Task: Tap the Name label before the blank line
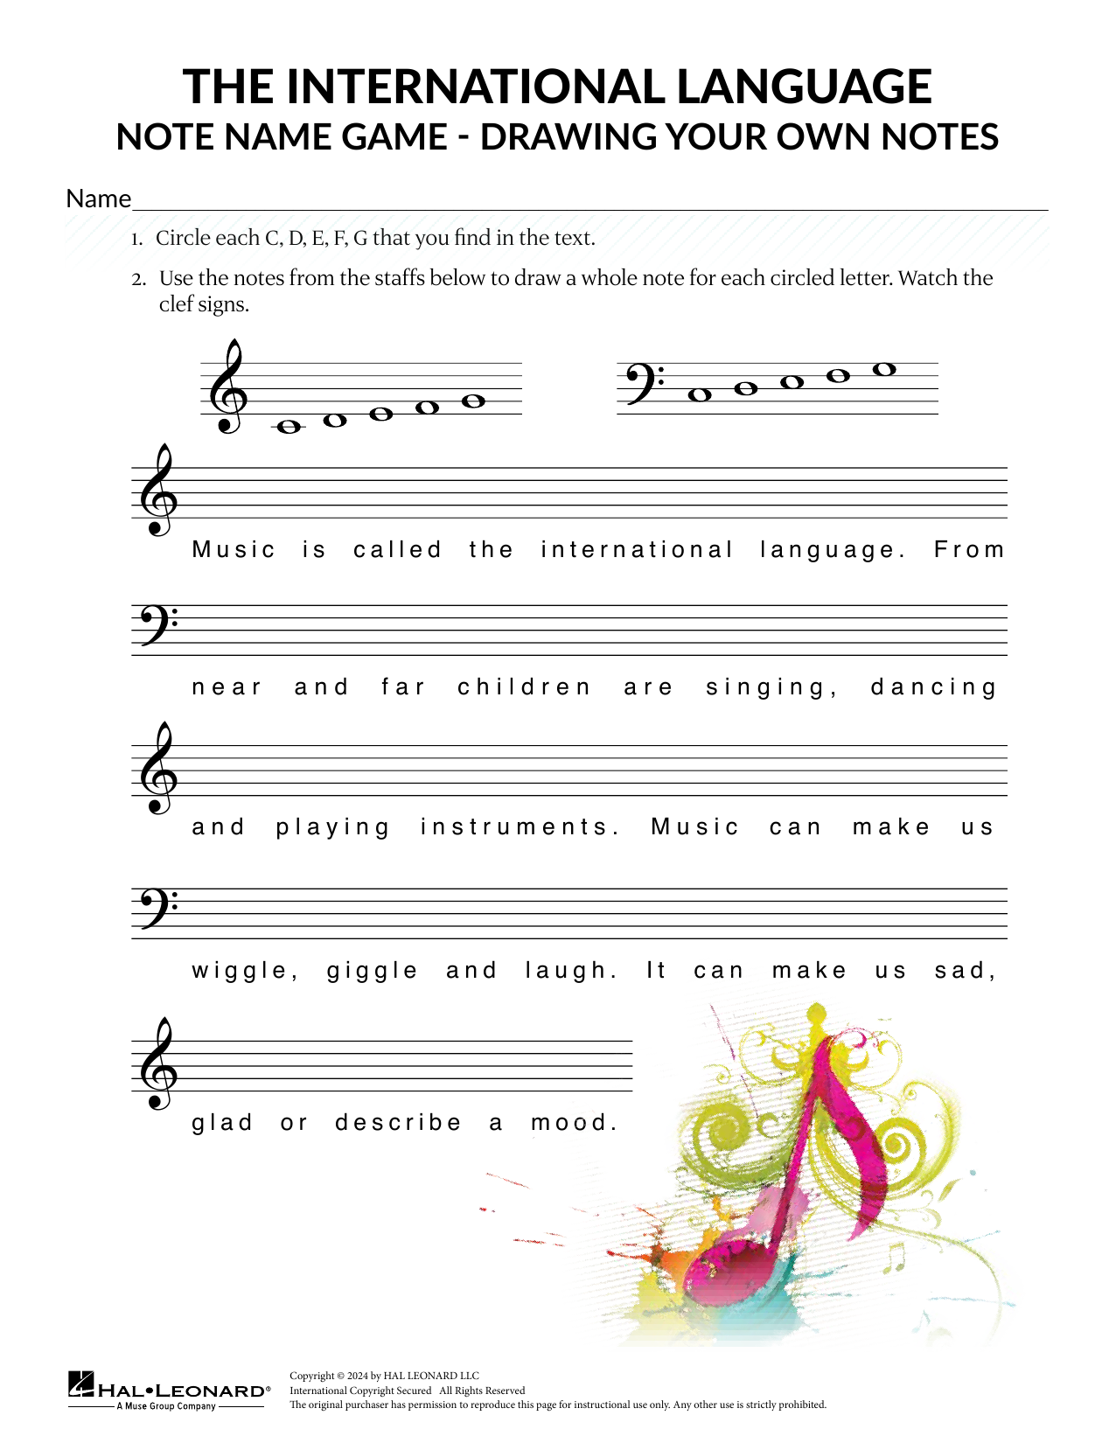point(98,199)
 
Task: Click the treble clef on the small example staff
point(227,387)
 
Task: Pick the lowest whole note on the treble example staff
point(288,427)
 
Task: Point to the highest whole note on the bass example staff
point(884,370)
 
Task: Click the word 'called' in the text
point(397,550)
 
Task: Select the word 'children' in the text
point(524,687)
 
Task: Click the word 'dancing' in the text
point(933,688)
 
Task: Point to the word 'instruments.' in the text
point(520,827)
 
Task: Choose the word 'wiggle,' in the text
point(245,971)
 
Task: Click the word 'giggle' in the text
point(372,972)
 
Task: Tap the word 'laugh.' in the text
point(571,971)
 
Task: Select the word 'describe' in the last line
point(398,1123)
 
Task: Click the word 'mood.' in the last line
point(574,1123)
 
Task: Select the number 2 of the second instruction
point(137,280)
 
